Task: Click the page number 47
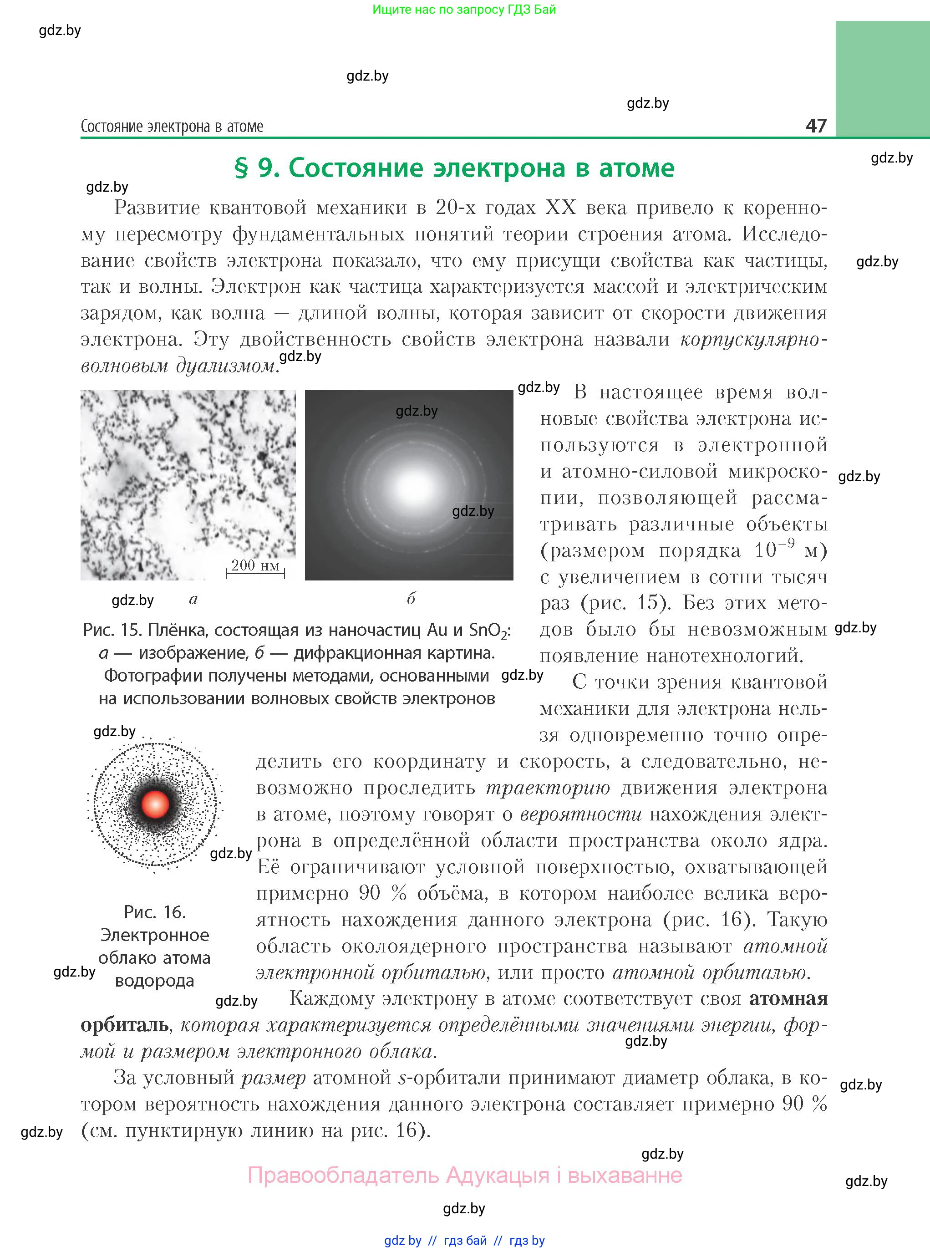coord(816,125)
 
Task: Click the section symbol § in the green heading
coord(241,168)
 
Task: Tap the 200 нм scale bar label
coord(255,565)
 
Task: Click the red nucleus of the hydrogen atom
coord(155,804)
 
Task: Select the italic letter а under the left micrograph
coord(193,599)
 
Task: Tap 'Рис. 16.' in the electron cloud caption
coord(155,911)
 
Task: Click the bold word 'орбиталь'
coord(124,1024)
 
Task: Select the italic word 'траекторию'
coord(547,788)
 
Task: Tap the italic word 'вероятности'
coord(580,814)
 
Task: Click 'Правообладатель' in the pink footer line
coord(343,1175)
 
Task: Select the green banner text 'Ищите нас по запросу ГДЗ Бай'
coord(464,10)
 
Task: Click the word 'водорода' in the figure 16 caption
coord(154,980)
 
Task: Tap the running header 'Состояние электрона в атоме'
coord(172,126)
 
